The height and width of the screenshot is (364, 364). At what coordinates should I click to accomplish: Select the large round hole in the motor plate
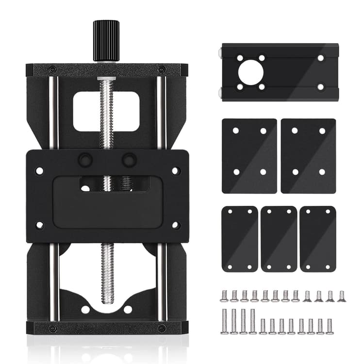(x=250, y=72)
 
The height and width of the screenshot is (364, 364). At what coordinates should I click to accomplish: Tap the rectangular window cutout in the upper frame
(x=106, y=112)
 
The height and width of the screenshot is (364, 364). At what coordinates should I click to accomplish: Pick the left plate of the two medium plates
(x=249, y=156)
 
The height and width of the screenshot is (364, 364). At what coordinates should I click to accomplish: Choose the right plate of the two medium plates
(x=308, y=156)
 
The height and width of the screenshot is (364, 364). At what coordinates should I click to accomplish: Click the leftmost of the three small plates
(x=240, y=239)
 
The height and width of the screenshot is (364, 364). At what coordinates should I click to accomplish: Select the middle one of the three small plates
(x=279, y=239)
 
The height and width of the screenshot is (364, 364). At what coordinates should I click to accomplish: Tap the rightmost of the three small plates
(x=318, y=239)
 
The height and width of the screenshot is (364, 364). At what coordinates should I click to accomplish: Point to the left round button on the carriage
(x=85, y=160)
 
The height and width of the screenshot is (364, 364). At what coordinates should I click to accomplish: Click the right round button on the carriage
(x=129, y=160)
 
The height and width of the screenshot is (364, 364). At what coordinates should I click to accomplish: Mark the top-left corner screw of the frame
(x=52, y=69)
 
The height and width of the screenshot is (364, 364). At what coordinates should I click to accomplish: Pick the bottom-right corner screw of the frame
(x=162, y=328)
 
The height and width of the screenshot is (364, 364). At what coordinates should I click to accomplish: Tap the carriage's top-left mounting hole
(x=39, y=171)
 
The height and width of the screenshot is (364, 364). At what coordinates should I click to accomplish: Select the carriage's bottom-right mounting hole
(x=176, y=225)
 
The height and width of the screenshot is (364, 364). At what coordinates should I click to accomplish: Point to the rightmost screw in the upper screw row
(x=341, y=296)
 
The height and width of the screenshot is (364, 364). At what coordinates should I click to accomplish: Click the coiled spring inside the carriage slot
(x=125, y=183)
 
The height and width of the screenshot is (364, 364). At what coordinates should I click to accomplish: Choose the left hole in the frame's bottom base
(x=85, y=309)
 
